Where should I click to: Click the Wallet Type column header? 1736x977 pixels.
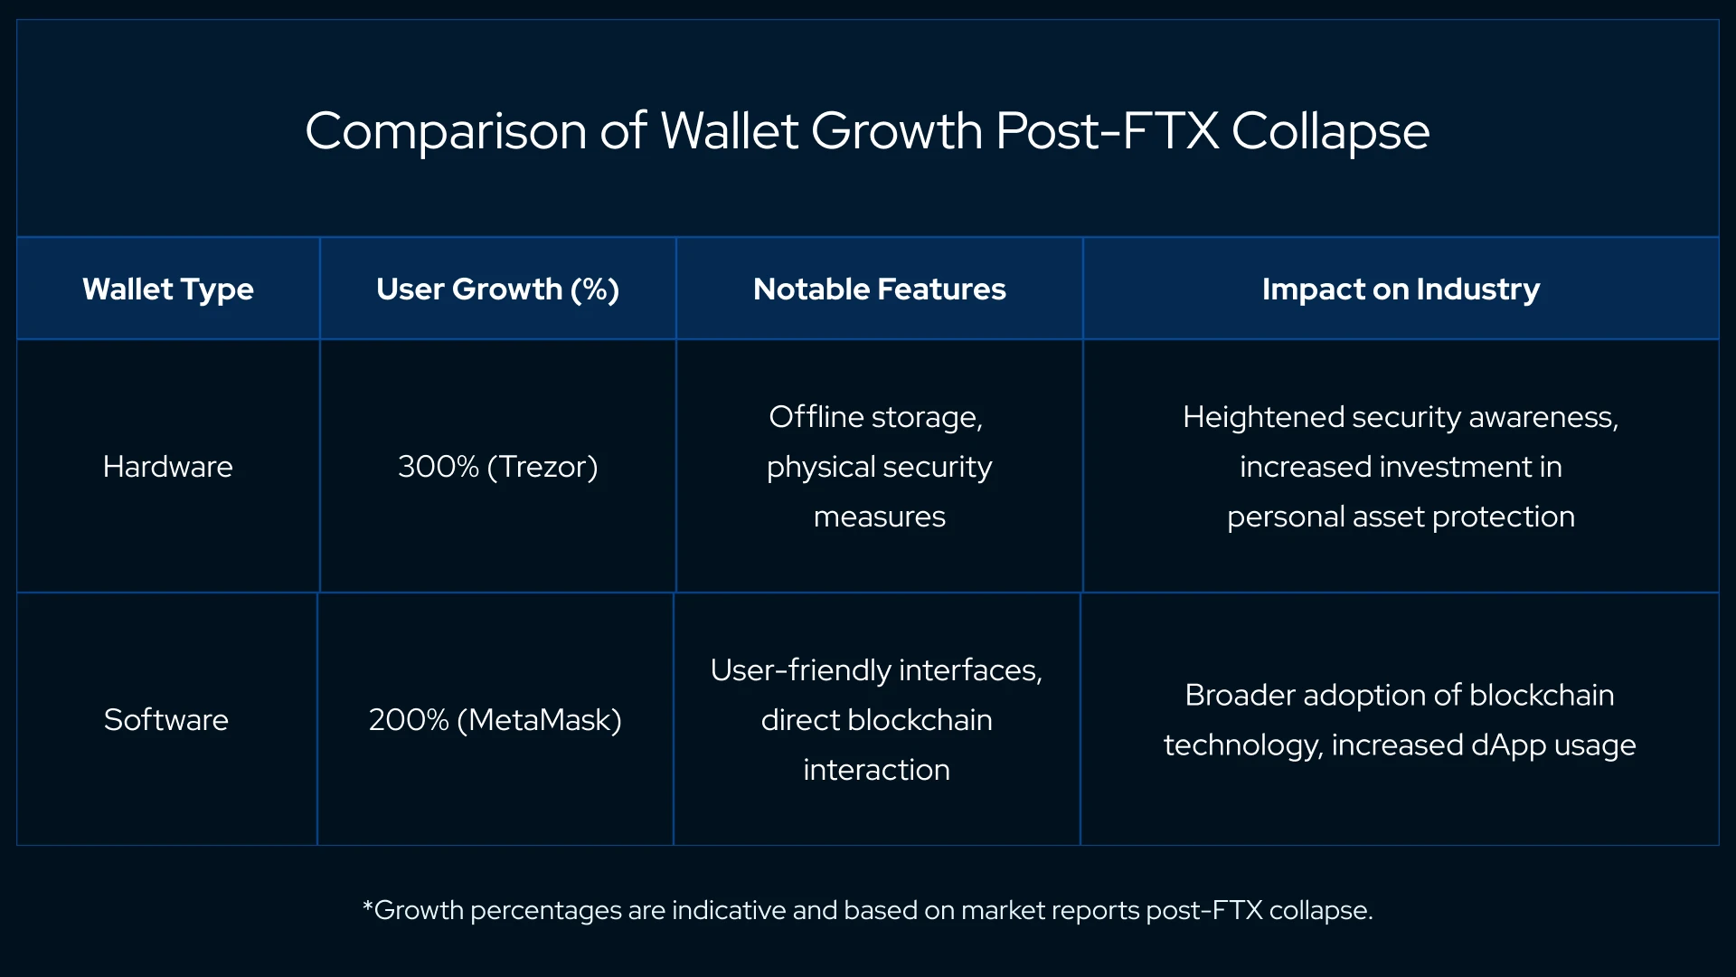click(168, 289)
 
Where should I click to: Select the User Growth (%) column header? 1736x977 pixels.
click(497, 289)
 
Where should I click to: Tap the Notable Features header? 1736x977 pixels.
click(879, 289)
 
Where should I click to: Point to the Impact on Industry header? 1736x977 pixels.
click(1401, 289)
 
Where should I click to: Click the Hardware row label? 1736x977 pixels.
click(168, 467)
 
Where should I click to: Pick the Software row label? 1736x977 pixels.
click(166, 720)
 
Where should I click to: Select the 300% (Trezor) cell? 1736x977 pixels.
click(497, 467)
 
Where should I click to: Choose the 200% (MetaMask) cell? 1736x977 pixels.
click(495, 720)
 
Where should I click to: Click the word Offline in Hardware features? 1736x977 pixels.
click(816, 417)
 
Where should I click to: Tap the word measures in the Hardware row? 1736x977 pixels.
click(879, 517)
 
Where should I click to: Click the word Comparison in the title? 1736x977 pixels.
click(446, 132)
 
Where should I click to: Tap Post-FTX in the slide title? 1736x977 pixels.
click(1108, 132)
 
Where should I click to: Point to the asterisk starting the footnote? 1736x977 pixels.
click(367, 906)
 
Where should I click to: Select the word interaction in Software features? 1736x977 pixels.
click(876, 770)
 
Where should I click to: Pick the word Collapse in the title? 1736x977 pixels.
click(1330, 132)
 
